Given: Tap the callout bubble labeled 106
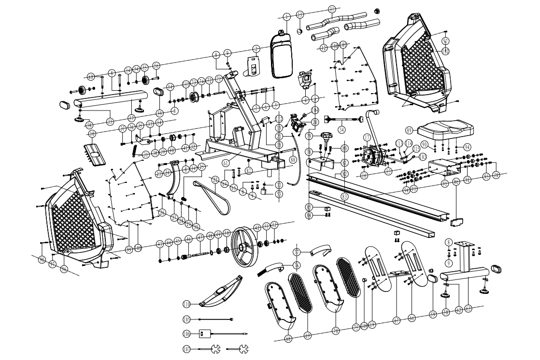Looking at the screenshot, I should click(x=186, y=333).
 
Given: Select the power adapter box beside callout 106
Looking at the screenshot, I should click(x=204, y=333).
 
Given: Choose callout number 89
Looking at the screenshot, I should click(x=410, y=130).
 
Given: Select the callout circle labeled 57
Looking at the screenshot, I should click(x=131, y=117).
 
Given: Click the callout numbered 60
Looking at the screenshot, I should click(x=90, y=76).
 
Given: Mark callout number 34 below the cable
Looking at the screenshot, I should click(x=342, y=129).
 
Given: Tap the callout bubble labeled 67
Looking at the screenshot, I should click(x=396, y=319).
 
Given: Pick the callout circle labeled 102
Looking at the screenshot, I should click(x=445, y=50).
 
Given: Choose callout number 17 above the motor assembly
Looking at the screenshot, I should click(x=368, y=138).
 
